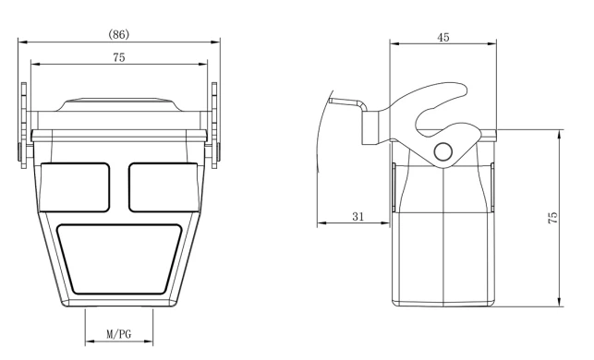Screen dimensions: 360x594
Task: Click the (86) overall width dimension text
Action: click(119, 33)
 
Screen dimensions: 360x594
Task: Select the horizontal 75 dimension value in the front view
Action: click(119, 56)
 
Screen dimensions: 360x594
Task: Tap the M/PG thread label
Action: click(118, 333)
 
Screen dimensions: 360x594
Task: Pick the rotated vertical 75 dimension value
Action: click(552, 218)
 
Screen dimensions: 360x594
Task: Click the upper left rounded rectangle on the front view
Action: click(74, 187)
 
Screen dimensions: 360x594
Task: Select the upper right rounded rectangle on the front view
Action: click(163, 187)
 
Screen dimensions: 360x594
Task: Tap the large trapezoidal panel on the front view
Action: click(118, 258)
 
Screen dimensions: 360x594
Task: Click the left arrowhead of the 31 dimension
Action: click(320, 224)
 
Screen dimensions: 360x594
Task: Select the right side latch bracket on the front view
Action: click(215, 125)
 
